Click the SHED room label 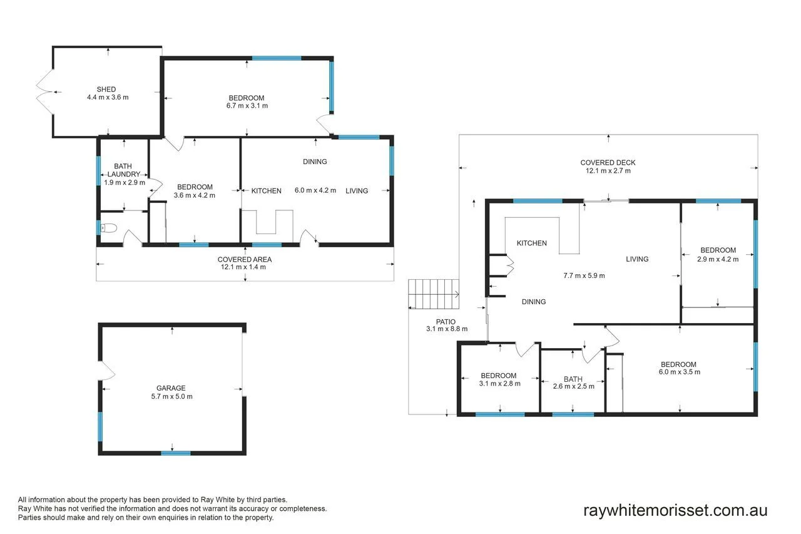(106, 90)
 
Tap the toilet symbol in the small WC (109, 228)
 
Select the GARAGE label (171, 388)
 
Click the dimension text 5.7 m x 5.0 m (171, 396)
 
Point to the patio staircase (434, 294)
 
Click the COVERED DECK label (608, 163)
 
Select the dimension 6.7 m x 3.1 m (247, 106)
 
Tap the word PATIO (446, 322)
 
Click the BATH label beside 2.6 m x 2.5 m (573, 379)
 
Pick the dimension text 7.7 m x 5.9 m (584, 275)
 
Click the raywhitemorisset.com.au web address (675, 510)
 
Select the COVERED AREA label (245, 259)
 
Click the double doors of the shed (44, 91)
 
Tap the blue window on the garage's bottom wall (176, 453)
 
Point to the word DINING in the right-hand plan (534, 302)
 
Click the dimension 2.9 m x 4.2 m (718, 259)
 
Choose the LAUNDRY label (124, 174)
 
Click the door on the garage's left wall (106, 370)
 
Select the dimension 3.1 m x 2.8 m (499, 384)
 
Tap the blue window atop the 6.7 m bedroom (277, 58)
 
